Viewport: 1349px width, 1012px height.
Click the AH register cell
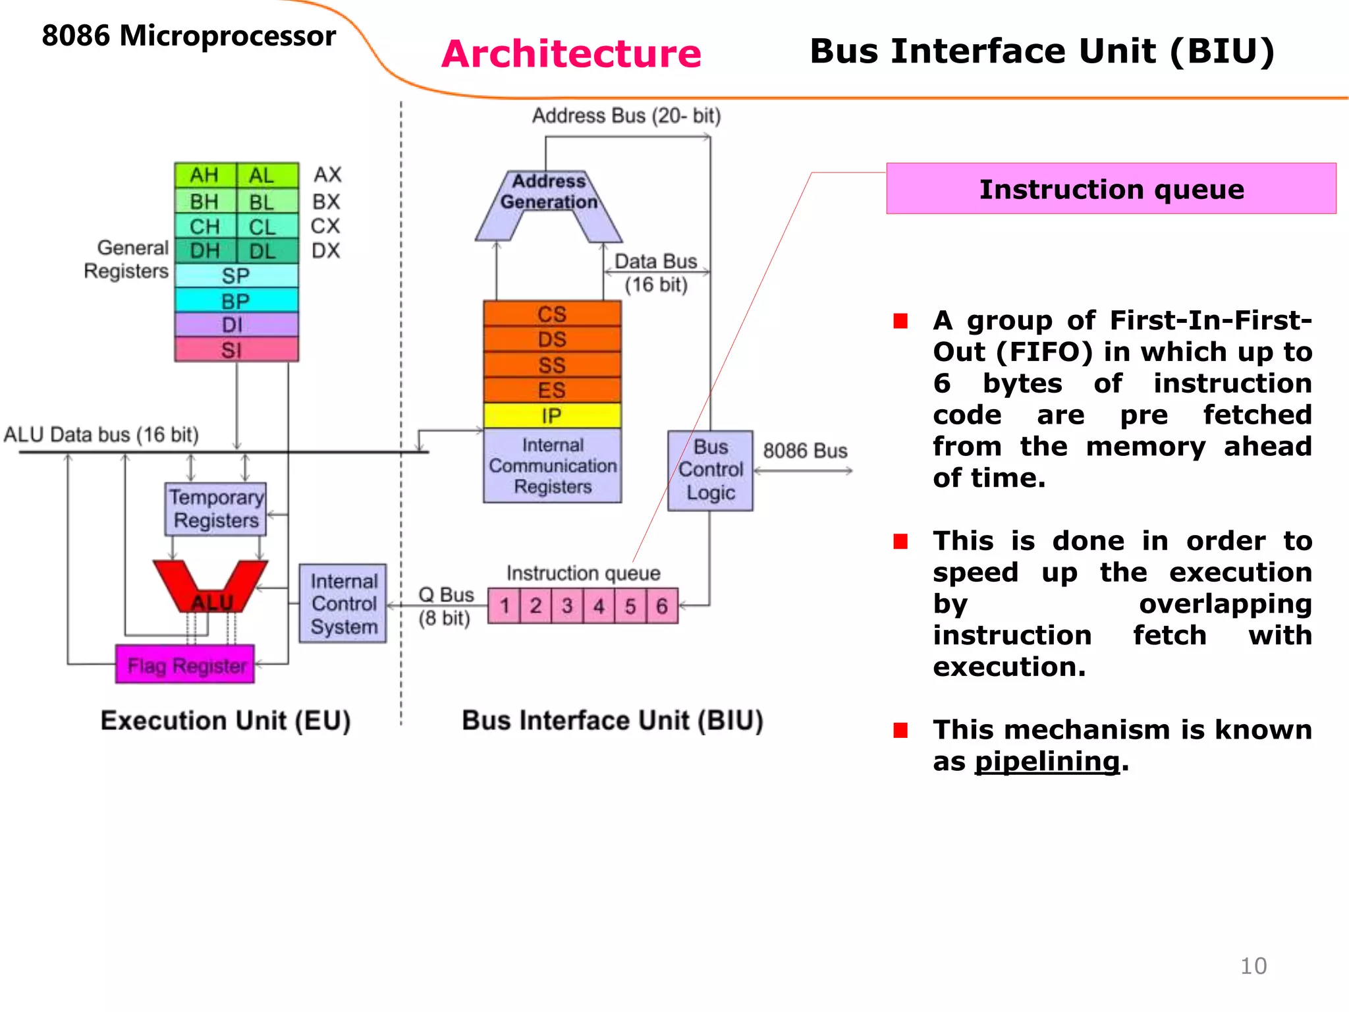[205, 176]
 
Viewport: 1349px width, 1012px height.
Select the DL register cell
[262, 251]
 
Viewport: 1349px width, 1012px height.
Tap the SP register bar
[236, 275]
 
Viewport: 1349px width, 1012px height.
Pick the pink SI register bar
[236, 350]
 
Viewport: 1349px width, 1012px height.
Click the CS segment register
[552, 314]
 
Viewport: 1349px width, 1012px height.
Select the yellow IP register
[552, 416]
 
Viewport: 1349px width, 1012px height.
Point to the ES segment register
[552, 390]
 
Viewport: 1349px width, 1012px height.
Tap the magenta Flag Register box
[186, 665]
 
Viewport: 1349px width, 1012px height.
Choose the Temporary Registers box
[215, 509]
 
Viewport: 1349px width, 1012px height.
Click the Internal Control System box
[343, 604]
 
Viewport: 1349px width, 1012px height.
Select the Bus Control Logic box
[710, 470]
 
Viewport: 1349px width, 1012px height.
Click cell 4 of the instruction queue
[599, 606]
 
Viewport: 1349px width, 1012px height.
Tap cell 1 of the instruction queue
[505, 606]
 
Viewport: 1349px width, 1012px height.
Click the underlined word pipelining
[1047, 762]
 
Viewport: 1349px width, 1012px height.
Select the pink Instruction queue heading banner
[1111, 189]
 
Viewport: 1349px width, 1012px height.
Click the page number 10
[1253, 966]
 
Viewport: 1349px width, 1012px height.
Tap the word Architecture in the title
[571, 53]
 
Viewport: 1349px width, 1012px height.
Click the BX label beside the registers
[326, 201]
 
